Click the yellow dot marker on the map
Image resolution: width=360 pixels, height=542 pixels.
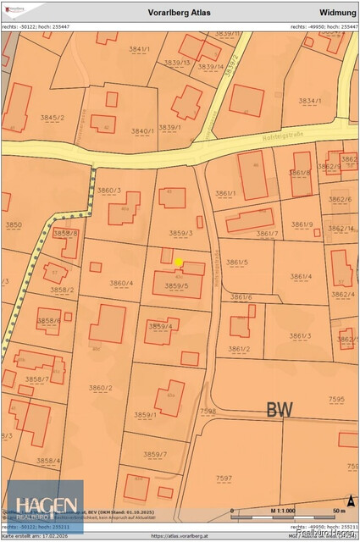(x=179, y=263)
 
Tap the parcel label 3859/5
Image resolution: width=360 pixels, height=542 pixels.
(x=176, y=286)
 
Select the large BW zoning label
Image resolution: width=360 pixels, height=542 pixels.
(x=279, y=410)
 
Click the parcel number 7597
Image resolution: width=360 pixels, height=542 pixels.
(x=224, y=478)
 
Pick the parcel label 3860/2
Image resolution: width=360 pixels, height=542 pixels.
(x=100, y=389)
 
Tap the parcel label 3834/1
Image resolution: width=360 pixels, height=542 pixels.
(x=309, y=101)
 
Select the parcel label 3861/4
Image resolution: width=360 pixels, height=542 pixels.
(x=300, y=277)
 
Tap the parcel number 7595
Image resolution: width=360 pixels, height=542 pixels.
(x=336, y=399)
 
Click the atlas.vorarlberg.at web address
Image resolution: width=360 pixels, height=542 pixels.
(x=180, y=536)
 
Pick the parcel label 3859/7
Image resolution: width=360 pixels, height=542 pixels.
(x=155, y=455)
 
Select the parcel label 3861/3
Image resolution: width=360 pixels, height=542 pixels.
(x=300, y=336)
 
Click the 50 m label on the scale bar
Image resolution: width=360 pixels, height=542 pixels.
(x=339, y=511)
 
